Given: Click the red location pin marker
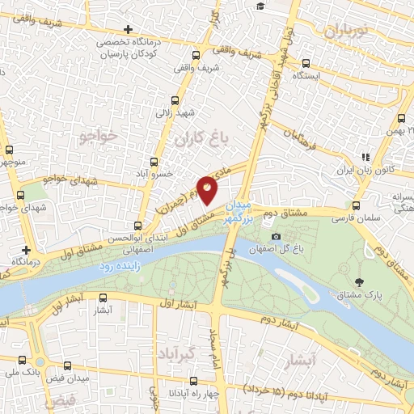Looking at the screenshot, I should tap(208, 189).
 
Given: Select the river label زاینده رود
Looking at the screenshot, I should tap(120, 265).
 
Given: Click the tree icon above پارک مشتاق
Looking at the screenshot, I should tap(359, 282).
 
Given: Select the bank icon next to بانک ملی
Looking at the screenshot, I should tap(39, 361).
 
